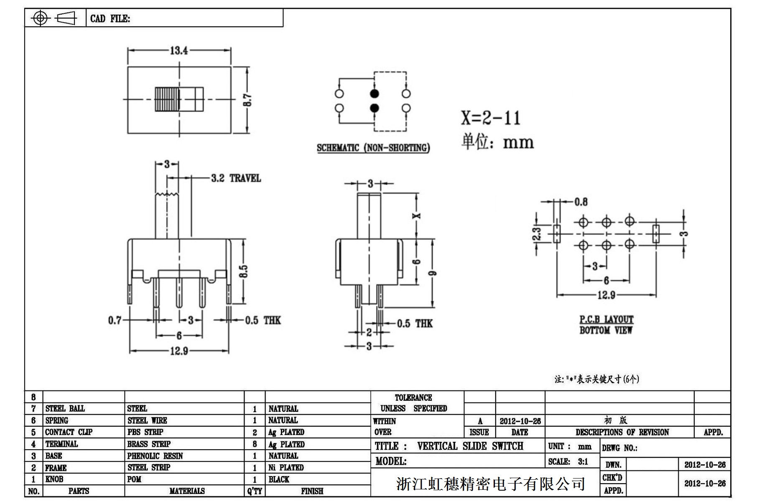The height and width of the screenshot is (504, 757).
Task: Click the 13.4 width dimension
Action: tap(178, 51)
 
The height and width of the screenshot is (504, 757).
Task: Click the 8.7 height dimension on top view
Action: tap(247, 100)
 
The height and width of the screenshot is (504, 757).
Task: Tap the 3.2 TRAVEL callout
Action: tap(236, 178)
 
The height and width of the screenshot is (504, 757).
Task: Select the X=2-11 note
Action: tap(491, 118)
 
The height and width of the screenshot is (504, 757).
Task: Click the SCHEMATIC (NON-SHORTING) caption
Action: tap(373, 148)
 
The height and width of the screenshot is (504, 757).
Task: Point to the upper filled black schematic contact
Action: tap(375, 93)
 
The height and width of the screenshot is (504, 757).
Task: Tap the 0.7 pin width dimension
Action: tap(115, 320)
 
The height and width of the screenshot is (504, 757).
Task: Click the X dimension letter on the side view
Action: tap(416, 216)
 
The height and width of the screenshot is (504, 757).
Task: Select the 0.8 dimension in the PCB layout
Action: tap(581, 202)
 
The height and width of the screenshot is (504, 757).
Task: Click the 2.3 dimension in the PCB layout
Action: tap(537, 233)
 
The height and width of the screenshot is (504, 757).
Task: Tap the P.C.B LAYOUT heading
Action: tap(606, 319)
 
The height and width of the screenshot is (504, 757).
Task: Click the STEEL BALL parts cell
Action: tap(65, 408)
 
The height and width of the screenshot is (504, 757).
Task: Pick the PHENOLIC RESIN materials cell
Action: tap(155, 456)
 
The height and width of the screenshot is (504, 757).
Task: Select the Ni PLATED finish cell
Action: tap(286, 467)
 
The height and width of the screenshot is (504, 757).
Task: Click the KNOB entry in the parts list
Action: tap(54, 479)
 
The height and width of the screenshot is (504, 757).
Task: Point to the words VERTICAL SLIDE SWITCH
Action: tap(470, 446)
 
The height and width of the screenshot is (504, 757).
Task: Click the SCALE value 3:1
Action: tap(583, 461)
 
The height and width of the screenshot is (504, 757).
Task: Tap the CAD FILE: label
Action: tap(110, 19)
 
